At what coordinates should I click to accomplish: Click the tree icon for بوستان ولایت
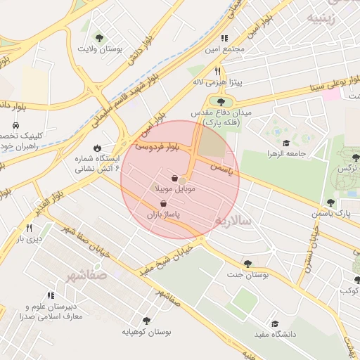pyautogui.click(x=98, y=38)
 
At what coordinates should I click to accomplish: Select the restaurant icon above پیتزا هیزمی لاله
pyautogui.click(x=218, y=71)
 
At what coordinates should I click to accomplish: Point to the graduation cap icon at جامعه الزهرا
pyautogui.click(x=286, y=143)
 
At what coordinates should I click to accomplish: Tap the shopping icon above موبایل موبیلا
pyautogui.click(x=174, y=179)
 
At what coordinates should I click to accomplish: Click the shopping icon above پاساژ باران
pyautogui.click(x=164, y=203)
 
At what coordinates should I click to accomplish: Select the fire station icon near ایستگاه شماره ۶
pyautogui.click(x=97, y=148)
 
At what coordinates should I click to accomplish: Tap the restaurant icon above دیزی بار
pyautogui.click(x=29, y=228)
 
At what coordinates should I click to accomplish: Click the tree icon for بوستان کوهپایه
pyautogui.click(x=146, y=321)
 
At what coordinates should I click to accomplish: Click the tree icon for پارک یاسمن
pyautogui.click(x=330, y=202)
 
